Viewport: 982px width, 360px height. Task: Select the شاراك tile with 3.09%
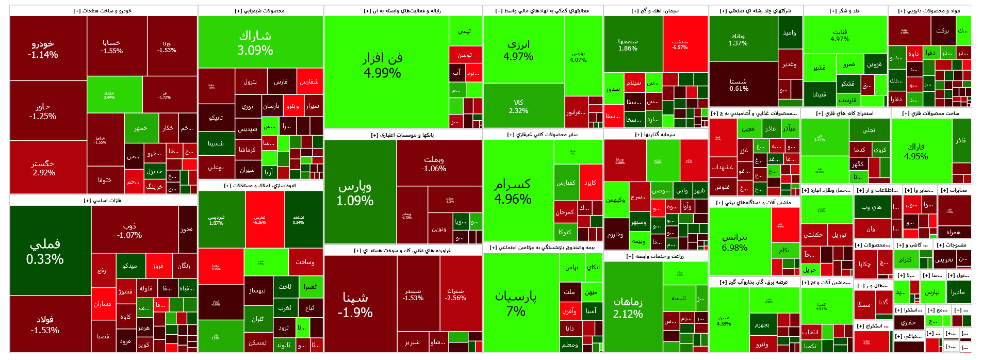pyautogui.click(x=255, y=42)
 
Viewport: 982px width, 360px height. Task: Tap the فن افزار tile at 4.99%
pyautogui.click(x=382, y=65)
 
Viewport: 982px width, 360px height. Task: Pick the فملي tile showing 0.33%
pyautogui.click(x=45, y=251)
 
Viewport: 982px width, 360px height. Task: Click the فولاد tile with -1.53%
pyautogui.click(x=45, y=324)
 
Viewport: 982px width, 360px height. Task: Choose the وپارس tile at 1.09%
pyautogui.click(x=355, y=193)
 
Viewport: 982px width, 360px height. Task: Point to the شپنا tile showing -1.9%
pyautogui.click(x=355, y=304)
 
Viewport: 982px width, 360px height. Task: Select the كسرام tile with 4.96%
pyautogui.click(x=513, y=191)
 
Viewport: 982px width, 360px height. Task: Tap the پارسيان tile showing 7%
pyautogui.click(x=516, y=303)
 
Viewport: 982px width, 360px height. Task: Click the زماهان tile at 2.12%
pyautogui.click(x=628, y=307)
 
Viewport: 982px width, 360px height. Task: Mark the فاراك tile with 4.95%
pyautogui.click(x=916, y=151)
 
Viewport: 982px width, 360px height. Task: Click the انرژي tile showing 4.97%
pyautogui.click(x=518, y=50)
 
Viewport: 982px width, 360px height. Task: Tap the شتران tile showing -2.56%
pyautogui.click(x=455, y=294)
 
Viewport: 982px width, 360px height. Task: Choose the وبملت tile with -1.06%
pyautogui.click(x=434, y=163)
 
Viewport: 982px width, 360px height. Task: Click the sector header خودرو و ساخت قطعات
pyautogui.click(x=103, y=10)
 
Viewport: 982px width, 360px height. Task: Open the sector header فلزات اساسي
pyautogui.click(x=103, y=200)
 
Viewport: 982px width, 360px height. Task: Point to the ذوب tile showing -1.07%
pyautogui.click(x=129, y=230)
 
